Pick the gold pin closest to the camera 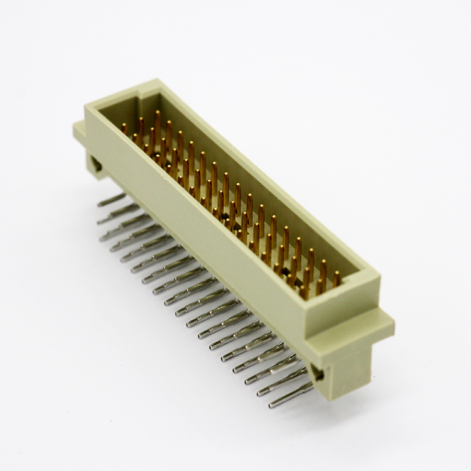(x=337, y=278)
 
